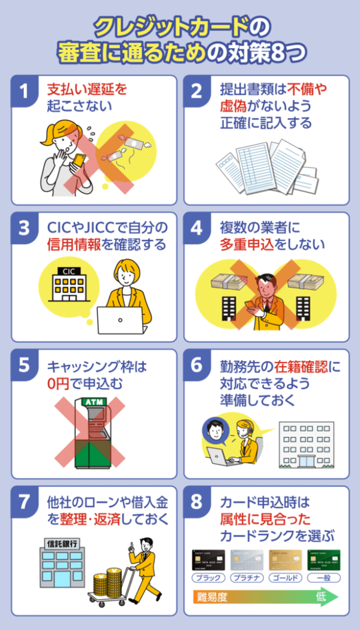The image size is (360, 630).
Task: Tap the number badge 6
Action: (197, 365)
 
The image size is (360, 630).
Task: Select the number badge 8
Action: (197, 502)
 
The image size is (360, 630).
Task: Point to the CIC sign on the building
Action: (65, 271)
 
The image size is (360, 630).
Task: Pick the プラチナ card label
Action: (247, 578)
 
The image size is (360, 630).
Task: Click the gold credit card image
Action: (286, 560)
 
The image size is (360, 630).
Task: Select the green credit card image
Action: (324, 560)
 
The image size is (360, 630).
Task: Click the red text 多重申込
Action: (246, 245)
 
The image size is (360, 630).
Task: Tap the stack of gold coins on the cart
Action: (110, 582)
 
